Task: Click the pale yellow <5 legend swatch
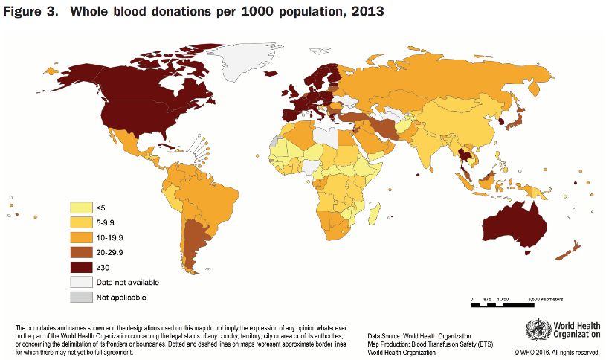tap(80, 208)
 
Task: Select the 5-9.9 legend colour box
tap(80, 222)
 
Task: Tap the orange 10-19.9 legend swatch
tap(80, 237)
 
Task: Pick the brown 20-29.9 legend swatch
tap(80, 252)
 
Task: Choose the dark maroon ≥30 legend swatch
tap(80, 267)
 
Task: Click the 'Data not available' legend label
tap(127, 283)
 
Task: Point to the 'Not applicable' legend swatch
tap(80, 298)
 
